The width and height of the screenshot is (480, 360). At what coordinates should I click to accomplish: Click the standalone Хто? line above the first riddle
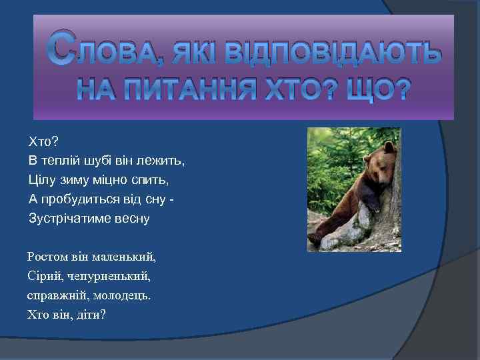[x=43, y=141]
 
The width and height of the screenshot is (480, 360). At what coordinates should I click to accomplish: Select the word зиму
[x=77, y=180]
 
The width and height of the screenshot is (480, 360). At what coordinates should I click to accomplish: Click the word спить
[x=153, y=180]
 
